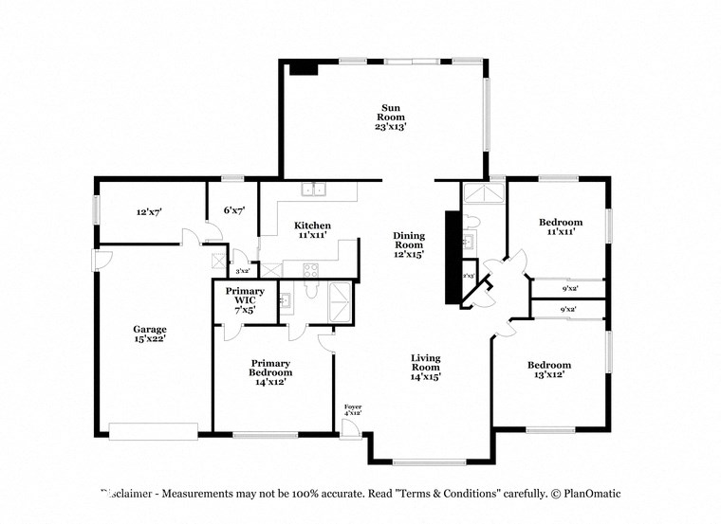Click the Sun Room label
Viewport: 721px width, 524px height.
coord(390,117)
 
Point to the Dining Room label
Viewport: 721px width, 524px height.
coord(409,244)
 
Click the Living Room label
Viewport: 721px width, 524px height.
coord(425,366)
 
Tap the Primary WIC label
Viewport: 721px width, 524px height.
coord(244,299)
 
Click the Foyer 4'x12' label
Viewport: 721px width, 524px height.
coord(353,409)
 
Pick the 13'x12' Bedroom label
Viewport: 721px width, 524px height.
coord(549,370)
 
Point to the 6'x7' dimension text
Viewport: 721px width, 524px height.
coord(233,209)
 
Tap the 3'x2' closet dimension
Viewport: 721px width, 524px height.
coord(241,271)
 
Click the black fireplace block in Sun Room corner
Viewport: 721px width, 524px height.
coord(304,68)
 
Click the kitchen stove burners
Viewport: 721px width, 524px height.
coord(312,270)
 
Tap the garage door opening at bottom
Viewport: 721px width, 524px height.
coord(153,432)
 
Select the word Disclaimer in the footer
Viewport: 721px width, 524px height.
coord(129,494)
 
